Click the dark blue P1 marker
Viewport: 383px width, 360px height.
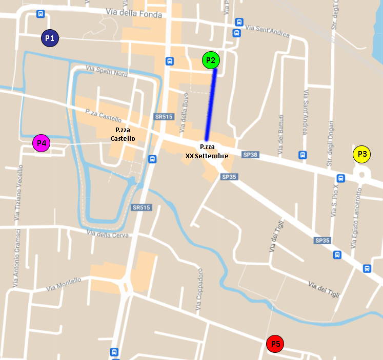50,38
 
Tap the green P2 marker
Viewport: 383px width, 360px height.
211,60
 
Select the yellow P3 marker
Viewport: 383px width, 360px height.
362,154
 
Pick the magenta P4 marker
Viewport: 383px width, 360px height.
42,143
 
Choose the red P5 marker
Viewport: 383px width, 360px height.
275,344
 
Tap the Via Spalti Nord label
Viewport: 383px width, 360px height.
107,71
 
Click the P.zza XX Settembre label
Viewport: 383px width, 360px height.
207,151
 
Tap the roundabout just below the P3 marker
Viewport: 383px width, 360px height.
362,175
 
